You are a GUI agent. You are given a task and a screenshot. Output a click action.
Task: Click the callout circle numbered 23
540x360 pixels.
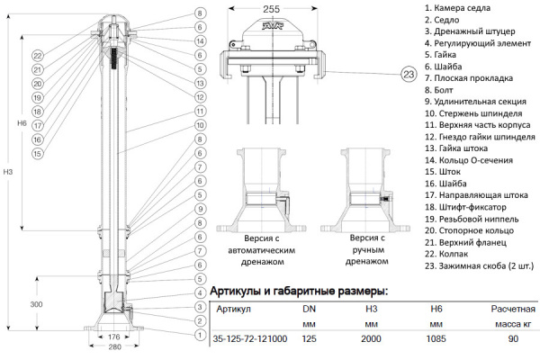(x=409, y=73)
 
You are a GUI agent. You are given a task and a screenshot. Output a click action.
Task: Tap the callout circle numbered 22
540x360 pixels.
(x=38, y=56)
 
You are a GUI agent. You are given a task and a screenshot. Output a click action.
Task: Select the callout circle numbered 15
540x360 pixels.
(x=38, y=154)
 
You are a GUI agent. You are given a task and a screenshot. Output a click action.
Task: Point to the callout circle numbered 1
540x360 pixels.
(x=199, y=336)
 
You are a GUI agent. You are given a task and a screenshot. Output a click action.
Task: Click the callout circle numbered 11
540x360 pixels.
(x=199, y=111)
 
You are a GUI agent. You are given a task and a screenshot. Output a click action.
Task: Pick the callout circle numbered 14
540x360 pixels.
(x=199, y=41)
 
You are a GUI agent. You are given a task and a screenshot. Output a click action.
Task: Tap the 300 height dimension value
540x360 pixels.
(x=35, y=305)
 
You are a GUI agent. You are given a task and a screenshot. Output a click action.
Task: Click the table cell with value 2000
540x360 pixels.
(x=371, y=339)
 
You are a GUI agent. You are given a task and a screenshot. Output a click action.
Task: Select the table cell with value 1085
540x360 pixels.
(x=436, y=339)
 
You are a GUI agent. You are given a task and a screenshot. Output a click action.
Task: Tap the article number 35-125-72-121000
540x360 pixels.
(x=250, y=339)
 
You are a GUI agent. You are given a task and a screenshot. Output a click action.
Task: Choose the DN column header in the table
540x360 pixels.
(x=308, y=309)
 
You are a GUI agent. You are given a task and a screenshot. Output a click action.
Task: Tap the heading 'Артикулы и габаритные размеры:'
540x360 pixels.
(x=299, y=291)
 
